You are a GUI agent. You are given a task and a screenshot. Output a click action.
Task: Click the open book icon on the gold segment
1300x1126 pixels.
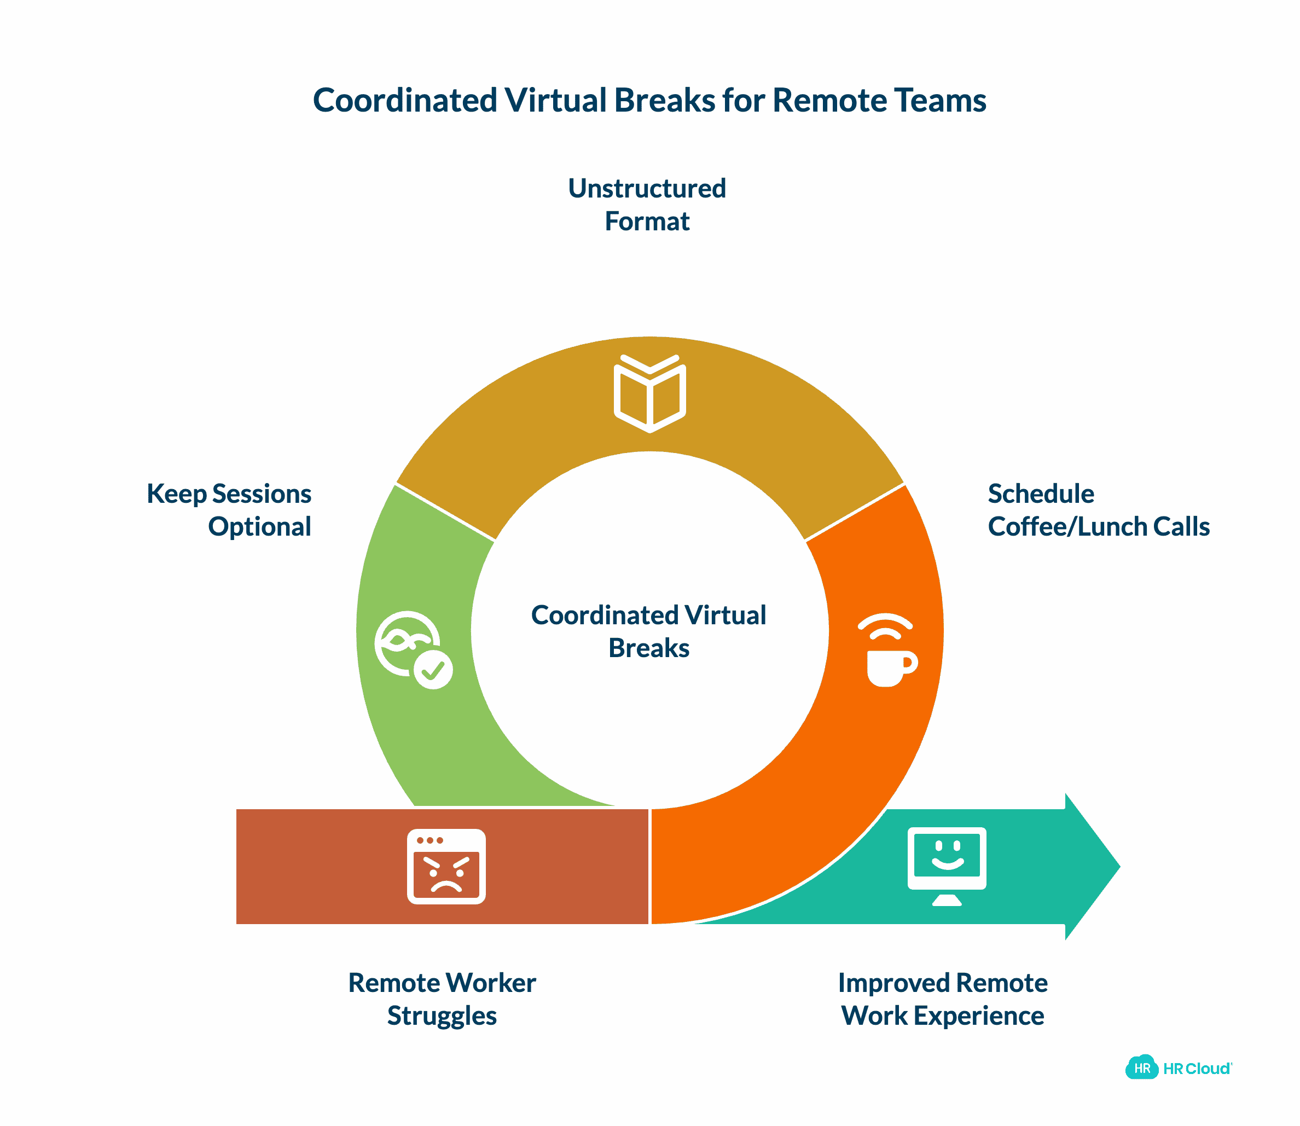[x=649, y=394]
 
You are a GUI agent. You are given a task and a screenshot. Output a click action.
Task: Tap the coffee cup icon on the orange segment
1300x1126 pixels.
[x=888, y=668]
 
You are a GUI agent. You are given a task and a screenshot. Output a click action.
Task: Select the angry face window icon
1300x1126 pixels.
[x=446, y=867]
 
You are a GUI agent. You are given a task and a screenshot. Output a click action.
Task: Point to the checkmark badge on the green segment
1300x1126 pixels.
[x=433, y=670]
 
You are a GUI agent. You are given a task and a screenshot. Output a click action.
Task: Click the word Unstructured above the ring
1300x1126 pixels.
[x=647, y=189]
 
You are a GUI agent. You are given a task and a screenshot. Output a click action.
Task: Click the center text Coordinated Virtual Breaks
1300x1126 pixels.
[x=648, y=631]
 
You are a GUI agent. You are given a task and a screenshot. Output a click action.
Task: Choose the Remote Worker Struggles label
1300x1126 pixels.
[x=442, y=999]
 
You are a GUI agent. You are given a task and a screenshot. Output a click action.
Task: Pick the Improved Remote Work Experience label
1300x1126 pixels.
[x=943, y=999]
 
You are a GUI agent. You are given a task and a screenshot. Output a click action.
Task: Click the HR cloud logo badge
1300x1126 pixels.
[x=1142, y=1068]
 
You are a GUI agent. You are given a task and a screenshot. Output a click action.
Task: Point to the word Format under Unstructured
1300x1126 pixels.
[x=647, y=222]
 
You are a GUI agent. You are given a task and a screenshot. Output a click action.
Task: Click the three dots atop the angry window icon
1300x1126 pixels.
[x=430, y=840]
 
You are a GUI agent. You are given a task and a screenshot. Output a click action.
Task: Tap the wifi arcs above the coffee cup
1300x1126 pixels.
[x=885, y=626]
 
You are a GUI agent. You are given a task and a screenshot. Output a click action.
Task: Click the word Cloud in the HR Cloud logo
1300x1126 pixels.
[x=1208, y=1069]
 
